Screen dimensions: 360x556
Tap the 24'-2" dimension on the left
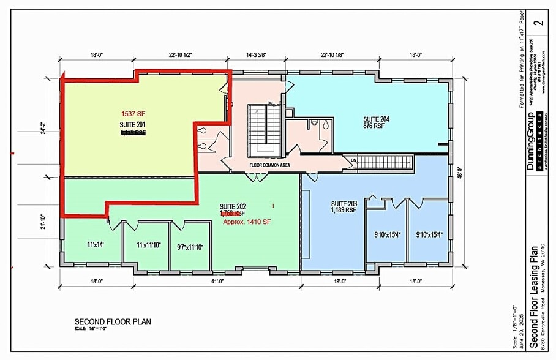click(42, 129)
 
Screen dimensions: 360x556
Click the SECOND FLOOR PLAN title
click(113, 321)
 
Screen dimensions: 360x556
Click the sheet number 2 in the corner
click(538, 24)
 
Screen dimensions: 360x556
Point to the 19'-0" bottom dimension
click(340, 281)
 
